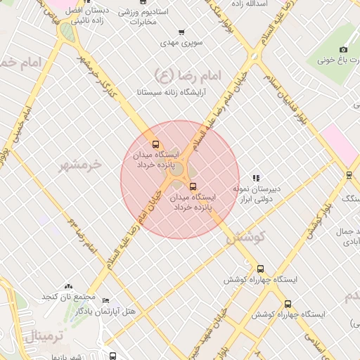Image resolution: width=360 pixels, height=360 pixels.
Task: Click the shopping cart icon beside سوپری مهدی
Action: pyautogui.click(x=182, y=32)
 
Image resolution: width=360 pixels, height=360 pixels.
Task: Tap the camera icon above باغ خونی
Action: pyautogui.click(x=343, y=49)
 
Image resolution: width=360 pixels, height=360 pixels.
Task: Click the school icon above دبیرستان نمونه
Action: pyautogui.click(x=257, y=178)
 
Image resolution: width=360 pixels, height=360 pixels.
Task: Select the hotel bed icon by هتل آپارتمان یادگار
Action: pyautogui.click(x=105, y=300)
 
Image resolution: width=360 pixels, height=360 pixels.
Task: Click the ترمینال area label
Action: pyautogui.click(x=44, y=336)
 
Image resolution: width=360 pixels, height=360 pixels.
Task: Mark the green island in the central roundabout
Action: pyautogui.click(x=178, y=169)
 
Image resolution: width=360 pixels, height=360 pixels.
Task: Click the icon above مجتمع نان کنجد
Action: pyautogui.click(x=68, y=286)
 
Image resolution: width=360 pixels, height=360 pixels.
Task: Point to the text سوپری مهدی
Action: pyautogui.click(x=182, y=44)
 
